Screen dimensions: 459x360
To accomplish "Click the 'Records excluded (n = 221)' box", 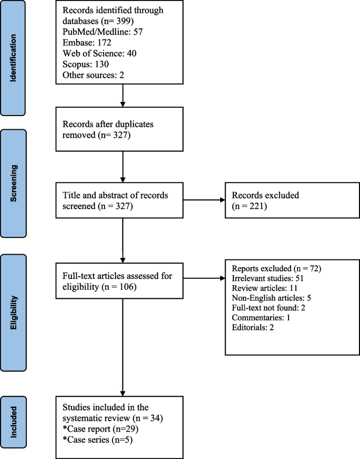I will pyautogui.click(x=283, y=200).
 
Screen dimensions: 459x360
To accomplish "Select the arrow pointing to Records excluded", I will pyautogui.click(x=204, y=200).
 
